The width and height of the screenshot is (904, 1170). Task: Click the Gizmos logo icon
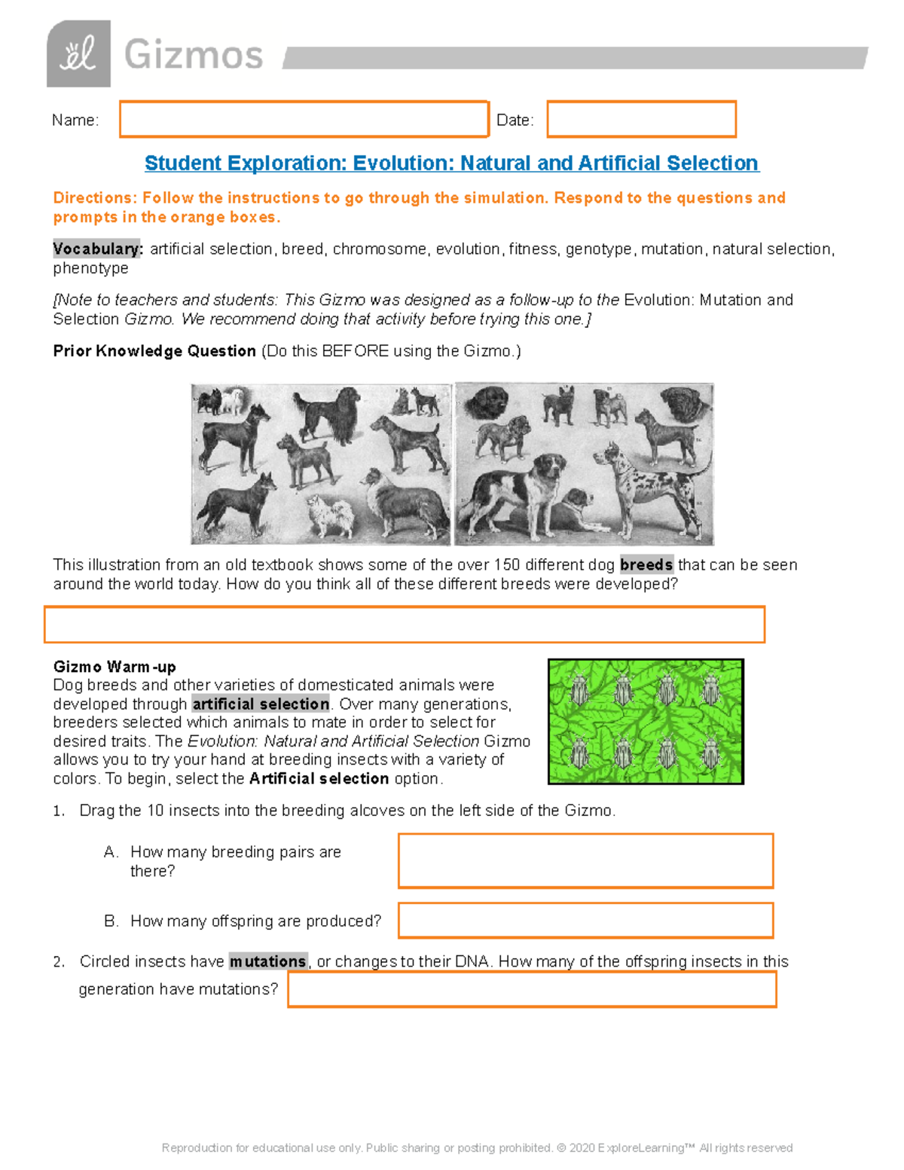point(78,54)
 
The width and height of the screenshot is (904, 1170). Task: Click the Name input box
point(304,120)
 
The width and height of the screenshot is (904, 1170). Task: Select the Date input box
point(641,120)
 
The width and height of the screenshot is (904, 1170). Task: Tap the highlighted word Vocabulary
point(97,249)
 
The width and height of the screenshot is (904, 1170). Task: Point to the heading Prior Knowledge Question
point(154,351)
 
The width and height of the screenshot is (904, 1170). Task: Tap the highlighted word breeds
point(646,565)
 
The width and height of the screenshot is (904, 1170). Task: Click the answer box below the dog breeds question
point(405,625)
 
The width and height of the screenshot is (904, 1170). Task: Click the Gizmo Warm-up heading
point(115,667)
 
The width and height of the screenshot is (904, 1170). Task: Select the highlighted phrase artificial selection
point(261,704)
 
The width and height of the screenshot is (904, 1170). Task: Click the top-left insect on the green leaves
point(579,689)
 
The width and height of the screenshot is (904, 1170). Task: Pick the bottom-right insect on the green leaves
point(711,753)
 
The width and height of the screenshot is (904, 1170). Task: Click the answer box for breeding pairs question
point(585,860)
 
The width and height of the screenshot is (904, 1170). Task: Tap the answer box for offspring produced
point(585,921)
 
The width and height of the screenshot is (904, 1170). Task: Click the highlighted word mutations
point(268,962)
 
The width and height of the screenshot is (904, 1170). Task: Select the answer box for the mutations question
point(532,989)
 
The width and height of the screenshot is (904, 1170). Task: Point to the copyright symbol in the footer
point(561,1148)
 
